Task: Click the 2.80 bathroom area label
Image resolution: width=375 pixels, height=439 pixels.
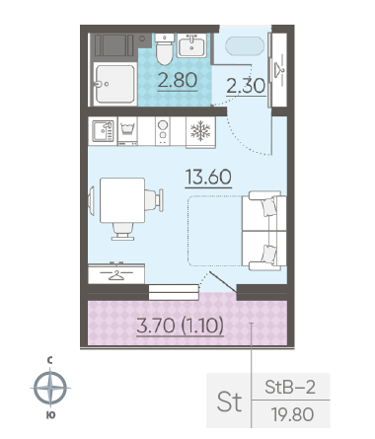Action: pyautogui.click(x=178, y=81)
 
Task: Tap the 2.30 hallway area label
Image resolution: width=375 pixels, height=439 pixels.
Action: pyautogui.click(x=246, y=86)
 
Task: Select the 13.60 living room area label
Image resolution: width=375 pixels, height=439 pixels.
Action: pyautogui.click(x=208, y=177)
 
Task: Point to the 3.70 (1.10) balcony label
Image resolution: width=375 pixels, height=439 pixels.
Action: pyautogui.click(x=181, y=326)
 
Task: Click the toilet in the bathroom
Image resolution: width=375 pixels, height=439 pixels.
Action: pyautogui.click(x=164, y=49)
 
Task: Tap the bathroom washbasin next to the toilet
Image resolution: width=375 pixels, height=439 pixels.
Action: pyautogui.click(x=192, y=45)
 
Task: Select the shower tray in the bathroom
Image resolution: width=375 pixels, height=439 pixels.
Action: pyautogui.click(x=114, y=84)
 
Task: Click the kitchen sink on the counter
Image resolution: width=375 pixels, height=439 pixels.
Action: pyautogui.click(x=103, y=131)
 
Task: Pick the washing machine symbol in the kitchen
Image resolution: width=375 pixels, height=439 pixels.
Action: pyautogui.click(x=127, y=131)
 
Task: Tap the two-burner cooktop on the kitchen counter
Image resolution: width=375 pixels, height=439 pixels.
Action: pyautogui.click(x=163, y=131)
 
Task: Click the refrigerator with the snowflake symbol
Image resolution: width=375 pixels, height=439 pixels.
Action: pyautogui.click(x=200, y=132)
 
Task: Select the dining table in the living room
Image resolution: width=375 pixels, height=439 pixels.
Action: pyautogui.click(x=122, y=200)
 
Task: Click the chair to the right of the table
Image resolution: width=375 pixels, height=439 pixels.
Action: pyautogui.click(x=154, y=200)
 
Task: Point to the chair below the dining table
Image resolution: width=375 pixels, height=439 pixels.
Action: pyautogui.click(x=122, y=231)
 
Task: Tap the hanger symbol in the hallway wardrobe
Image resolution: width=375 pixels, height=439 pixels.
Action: pyautogui.click(x=279, y=70)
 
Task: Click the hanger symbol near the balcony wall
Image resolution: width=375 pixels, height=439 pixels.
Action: pyautogui.click(x=116, y=274)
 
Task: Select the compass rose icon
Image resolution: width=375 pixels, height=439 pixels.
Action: pyautogui.click(x=50, y=388)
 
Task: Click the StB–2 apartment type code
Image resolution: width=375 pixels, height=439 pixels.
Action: pyautogui.click(x=290, y=388)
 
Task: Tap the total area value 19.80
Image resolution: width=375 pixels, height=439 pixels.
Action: pyautogui.click(x=292, y=414)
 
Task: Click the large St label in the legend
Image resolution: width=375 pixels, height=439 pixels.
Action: pyautogui.click(x=229, y=402)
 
